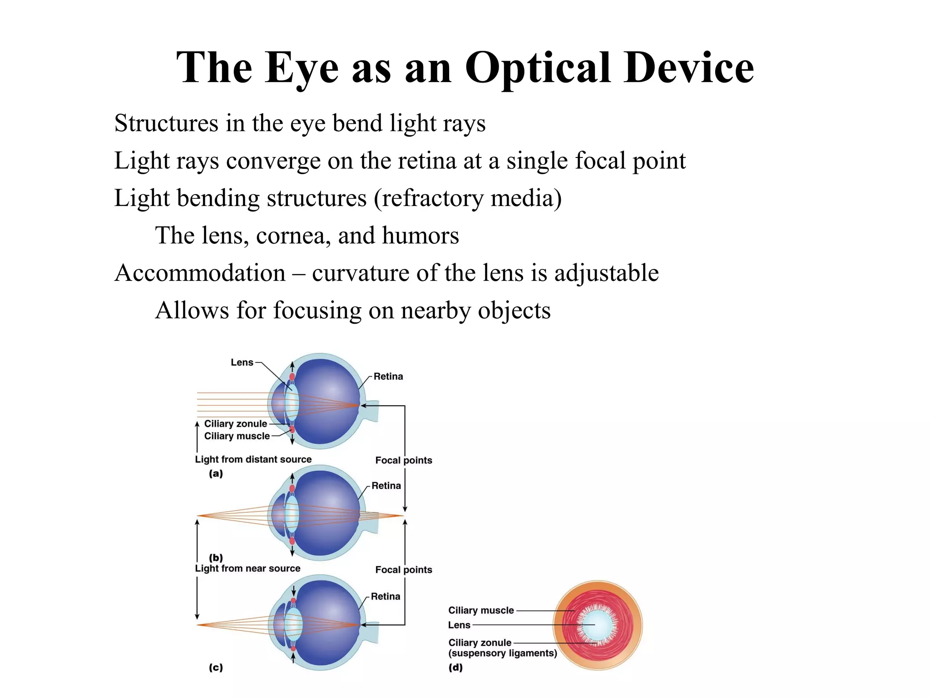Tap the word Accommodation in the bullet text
pyautogui.click(x=200, y=273)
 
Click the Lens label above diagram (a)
pyautogui.click(x=242, y=362)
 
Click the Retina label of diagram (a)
pyautogui.click(x=388, y=376)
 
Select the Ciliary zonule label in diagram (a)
pyautogui.click(x=235, y=423)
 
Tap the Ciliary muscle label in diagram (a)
pyautogui.click(x=237, y=436)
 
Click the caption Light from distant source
pyautogui.click(x=253, y=459)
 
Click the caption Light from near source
pyautogui.click(x=247, y=568)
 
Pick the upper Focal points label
pyautogui.click(x=403, y=460)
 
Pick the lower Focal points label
pyautogui.click(x=403, y=569)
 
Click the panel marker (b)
pyautogui.click(x=216, y=557)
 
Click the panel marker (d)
pyautogui.click(x=455, y=667)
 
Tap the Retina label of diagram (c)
pyautogui.click(x=385, y=596)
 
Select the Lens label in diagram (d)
pyautogui.click(x=459, y=625)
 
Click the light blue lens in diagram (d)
pyautogui.click(x=598, y=625)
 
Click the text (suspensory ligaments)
pyautogui.click(x=502, y=653)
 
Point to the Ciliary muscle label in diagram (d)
pyautogui.click(x=481, y=610)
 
